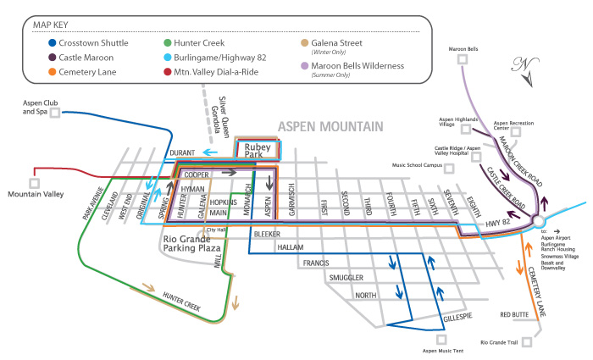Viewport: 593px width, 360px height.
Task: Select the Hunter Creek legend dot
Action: (x=168, y=40)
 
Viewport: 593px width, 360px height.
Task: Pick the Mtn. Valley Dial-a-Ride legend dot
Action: (x=168, y=72)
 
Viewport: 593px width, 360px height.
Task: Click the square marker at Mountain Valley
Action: (x=34, y=180)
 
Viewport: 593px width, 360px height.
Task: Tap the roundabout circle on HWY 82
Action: (x=536, y=221)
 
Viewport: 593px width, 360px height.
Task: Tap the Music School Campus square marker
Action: (x=452, y=166)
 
